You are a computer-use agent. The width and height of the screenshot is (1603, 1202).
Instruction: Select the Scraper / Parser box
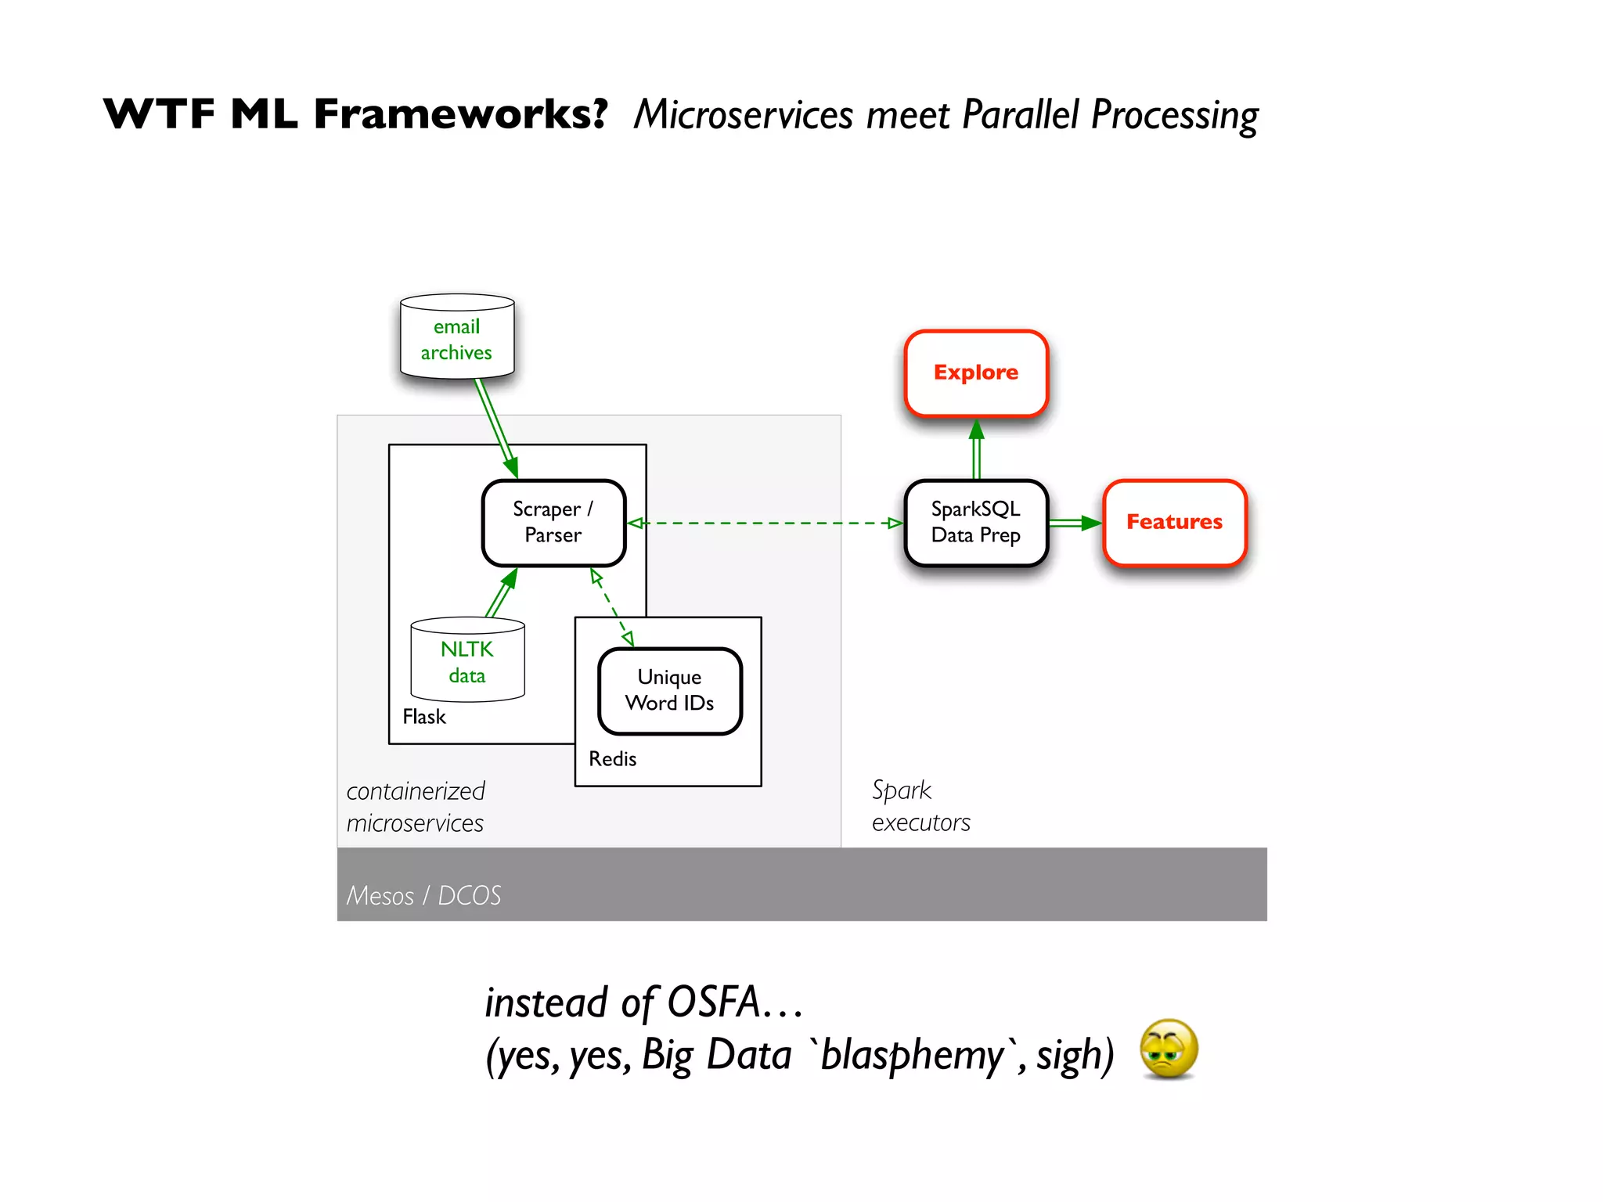pyautogui.click(x=553, y=522)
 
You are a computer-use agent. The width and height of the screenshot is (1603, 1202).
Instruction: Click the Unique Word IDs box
pyautogui.click(x=669, y=690)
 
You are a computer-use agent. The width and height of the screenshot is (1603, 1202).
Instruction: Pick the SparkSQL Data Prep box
pyautogui.click(x=975, y=522)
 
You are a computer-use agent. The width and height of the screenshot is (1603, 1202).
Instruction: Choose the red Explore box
pyautogui.click(x=975, y=372)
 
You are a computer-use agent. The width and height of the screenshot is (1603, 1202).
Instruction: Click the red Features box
pyautogui.click(x=1174, y=522)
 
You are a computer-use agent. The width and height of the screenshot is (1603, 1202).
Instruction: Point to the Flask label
pyautogui.click(x=423, y=717)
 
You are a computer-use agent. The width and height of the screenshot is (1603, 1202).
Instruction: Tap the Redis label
pyautogui.click(x=612, y=759)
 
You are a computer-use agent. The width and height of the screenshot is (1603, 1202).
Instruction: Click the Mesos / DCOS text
pyautogui.click(x=423, y=895)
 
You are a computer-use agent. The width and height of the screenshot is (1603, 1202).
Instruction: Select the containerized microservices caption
pyautogui.click(x=416, y=807)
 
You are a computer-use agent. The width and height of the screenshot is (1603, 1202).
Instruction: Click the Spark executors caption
pyautogui.click(x=920, y=806)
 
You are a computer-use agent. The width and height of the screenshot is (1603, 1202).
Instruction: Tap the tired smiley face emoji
pyautogui.click(x=1169, y=1049)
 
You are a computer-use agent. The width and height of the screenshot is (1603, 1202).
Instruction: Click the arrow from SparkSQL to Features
pyautogui.click(x=1074, y=523)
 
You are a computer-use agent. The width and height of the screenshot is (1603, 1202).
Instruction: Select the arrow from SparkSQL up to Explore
pyautogui.click(x=976, y=450)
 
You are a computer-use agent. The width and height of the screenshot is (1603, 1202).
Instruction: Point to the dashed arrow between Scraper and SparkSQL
pyautogui.click(x=765, y=523)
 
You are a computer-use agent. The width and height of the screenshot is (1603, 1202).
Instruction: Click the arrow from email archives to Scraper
pyautogui.click(x=495, y=427)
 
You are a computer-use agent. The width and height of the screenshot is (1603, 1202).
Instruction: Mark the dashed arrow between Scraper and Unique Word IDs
pyautogui.click(x=612, y=607)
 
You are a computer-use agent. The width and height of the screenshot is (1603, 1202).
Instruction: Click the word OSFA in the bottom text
pyautogui.click(x=713, y=1002)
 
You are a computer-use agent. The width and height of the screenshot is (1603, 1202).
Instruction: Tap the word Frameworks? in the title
pyautogui.click(x=460, y=114)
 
